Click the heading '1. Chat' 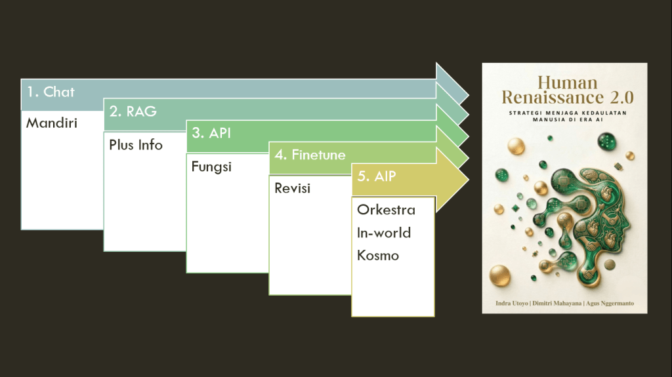(x=51, y=92)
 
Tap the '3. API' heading (x=211, y=134)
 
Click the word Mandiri (x=52, y=123)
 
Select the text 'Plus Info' (x=136, y=145)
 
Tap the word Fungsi (x=211, y=167)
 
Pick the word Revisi (x=293, y=188)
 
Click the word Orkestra (x=386, y=210)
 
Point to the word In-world (x=384, y=233)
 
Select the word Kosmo (x=378, y=255)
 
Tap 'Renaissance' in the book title (x=546, y=98)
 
